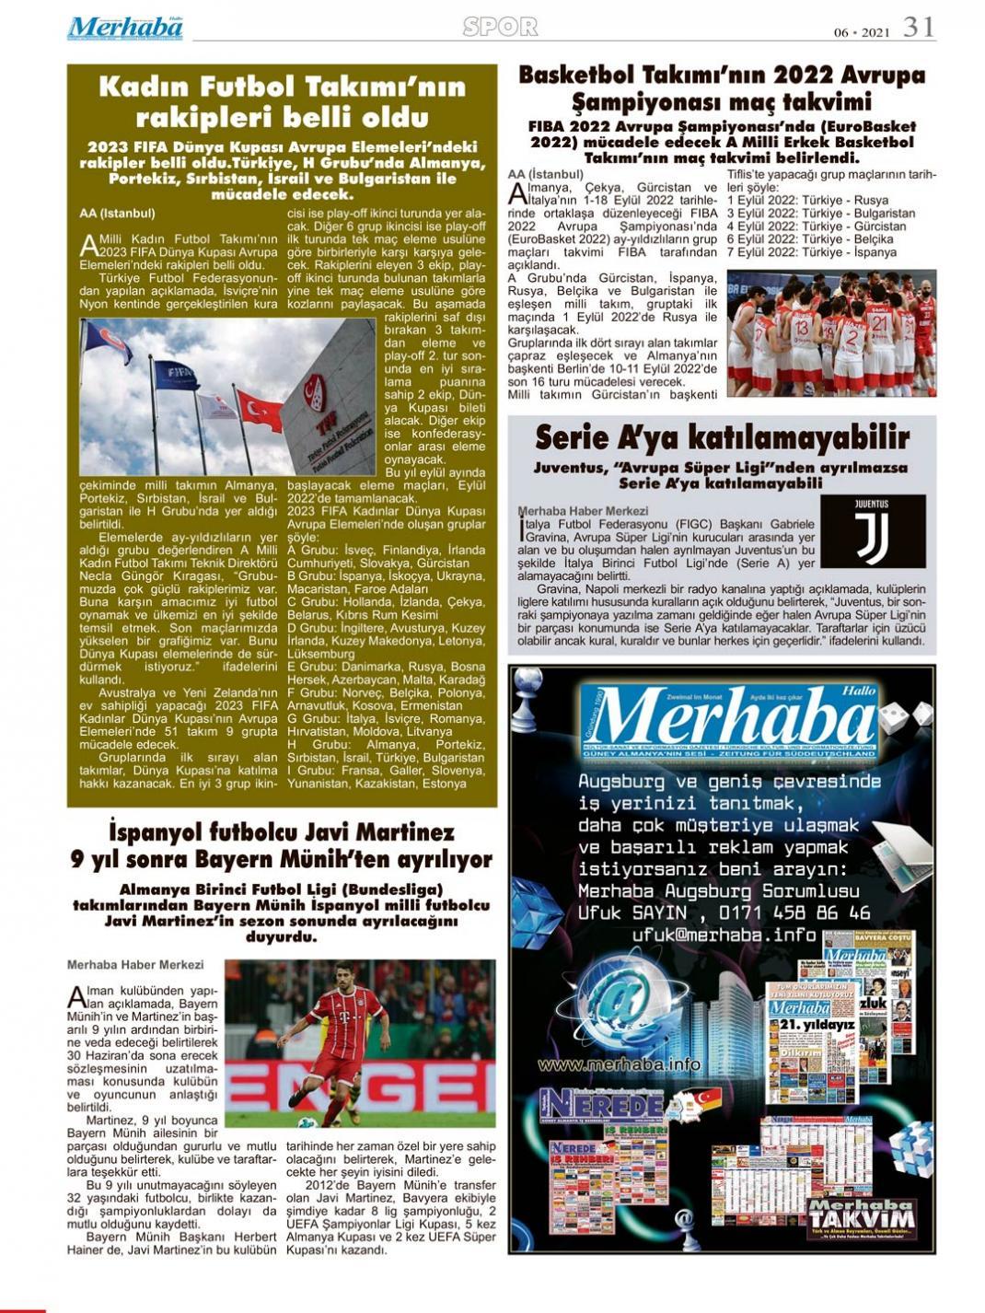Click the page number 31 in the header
(x=919, y=28)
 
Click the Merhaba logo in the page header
(x=125, y=28)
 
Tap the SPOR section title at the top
(x=500, y=28)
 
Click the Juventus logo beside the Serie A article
(x=872, y=531)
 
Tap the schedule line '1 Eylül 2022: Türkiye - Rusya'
(x=807, y=200)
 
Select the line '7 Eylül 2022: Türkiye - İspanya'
(x=811, y=251)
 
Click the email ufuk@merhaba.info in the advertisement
(x=724, y=935)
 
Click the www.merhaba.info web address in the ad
(x=619, y=1064)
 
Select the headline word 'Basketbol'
(x=577, y=75)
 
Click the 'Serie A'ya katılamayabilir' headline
(x=722, y=436)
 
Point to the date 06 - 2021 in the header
(x=862, y=32)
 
